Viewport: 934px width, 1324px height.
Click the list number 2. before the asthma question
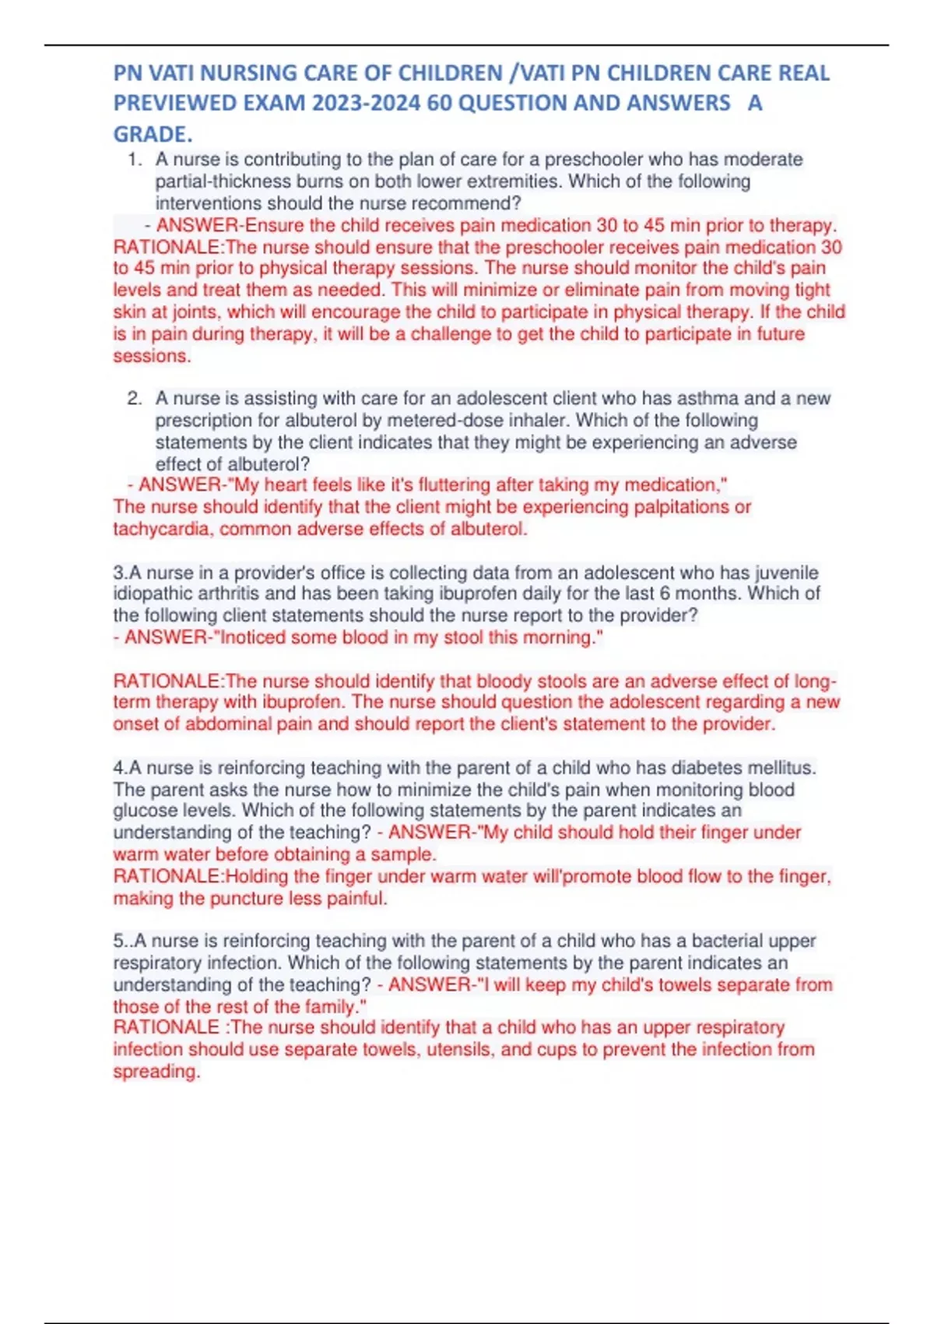[134, 398]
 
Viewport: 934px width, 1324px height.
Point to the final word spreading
[156, 1072]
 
